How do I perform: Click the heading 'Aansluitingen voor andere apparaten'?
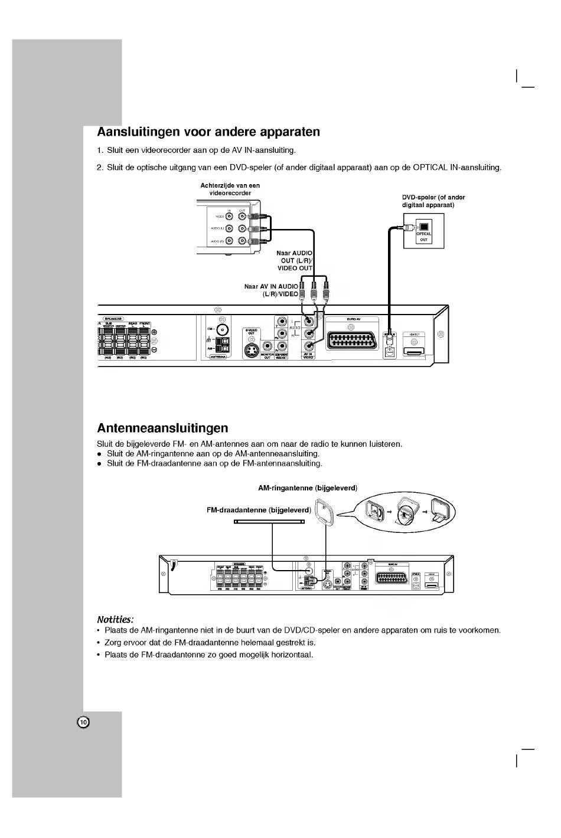208,132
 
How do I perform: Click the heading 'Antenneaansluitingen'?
162,427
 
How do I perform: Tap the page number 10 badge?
83,722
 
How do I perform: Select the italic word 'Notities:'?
115,619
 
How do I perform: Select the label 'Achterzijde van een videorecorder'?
230,189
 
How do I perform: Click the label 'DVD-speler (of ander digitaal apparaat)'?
429,201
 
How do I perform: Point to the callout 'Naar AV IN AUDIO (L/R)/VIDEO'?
272,290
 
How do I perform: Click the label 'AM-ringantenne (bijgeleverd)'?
308,488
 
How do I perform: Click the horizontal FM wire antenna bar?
269,522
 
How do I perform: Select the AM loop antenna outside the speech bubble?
324,512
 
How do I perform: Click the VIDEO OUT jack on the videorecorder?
242,217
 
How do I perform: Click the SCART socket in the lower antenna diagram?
392,578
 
